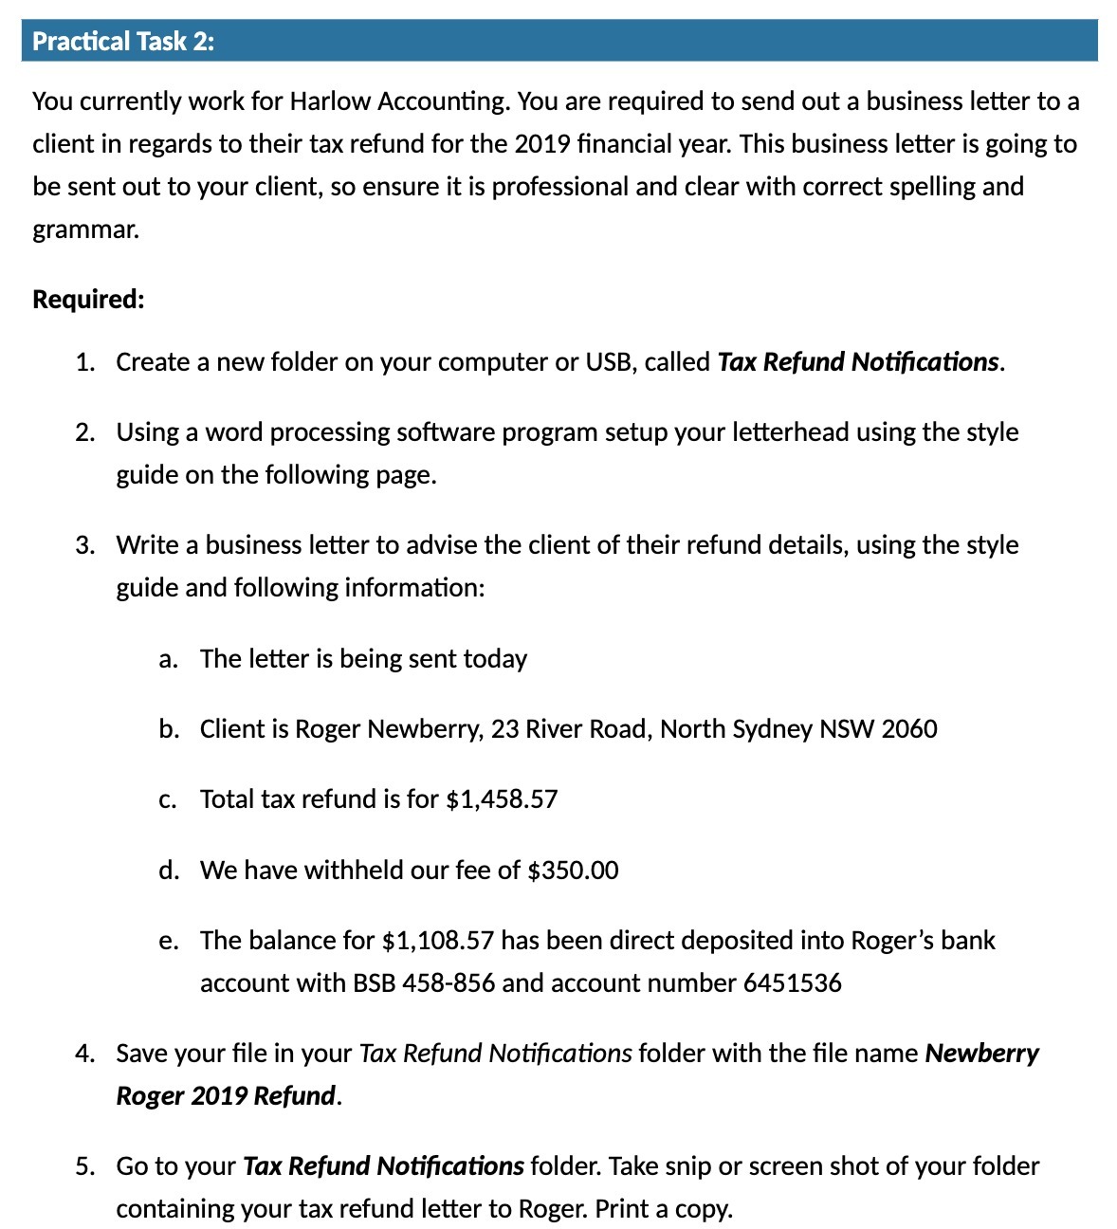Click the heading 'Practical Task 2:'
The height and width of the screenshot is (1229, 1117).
[123, 42]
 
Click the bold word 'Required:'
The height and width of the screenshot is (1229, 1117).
[88, 300]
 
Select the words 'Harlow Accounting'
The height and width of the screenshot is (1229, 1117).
[398, 101]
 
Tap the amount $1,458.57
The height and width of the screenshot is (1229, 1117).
[502, 799]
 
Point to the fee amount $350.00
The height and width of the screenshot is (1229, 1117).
[573, 871]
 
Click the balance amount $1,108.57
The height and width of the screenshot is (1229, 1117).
[437, 941]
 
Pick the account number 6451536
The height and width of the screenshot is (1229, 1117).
[793, 983]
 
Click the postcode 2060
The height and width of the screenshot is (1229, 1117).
[909, 729]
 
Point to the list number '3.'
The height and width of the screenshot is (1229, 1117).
[85, 545]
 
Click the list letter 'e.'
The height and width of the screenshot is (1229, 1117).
[169, 941]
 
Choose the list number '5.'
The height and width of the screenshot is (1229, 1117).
[85, 1166]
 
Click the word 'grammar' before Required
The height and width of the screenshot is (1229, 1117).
[83, 229]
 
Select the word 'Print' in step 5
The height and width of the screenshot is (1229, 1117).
[623, 1209]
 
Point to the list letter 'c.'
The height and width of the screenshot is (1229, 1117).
[169, 799]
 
